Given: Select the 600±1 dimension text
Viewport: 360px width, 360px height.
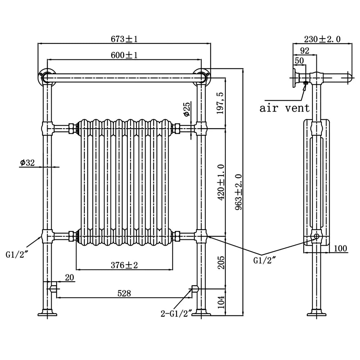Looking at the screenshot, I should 125,55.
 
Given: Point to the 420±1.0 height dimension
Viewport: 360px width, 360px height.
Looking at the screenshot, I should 221,182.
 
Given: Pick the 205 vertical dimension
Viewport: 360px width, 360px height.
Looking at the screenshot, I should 221,262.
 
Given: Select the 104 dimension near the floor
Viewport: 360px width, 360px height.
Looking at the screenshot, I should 221,302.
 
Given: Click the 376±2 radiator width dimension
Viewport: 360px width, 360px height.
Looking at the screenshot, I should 125,265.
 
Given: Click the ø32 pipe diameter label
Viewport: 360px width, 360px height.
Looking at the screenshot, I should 27,163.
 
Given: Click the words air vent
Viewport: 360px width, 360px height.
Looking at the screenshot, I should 284,108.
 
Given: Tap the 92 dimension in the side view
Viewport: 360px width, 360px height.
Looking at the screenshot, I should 305,50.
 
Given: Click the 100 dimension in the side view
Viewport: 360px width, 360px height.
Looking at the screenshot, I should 340,248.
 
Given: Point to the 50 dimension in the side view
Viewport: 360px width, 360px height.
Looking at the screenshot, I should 299,60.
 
